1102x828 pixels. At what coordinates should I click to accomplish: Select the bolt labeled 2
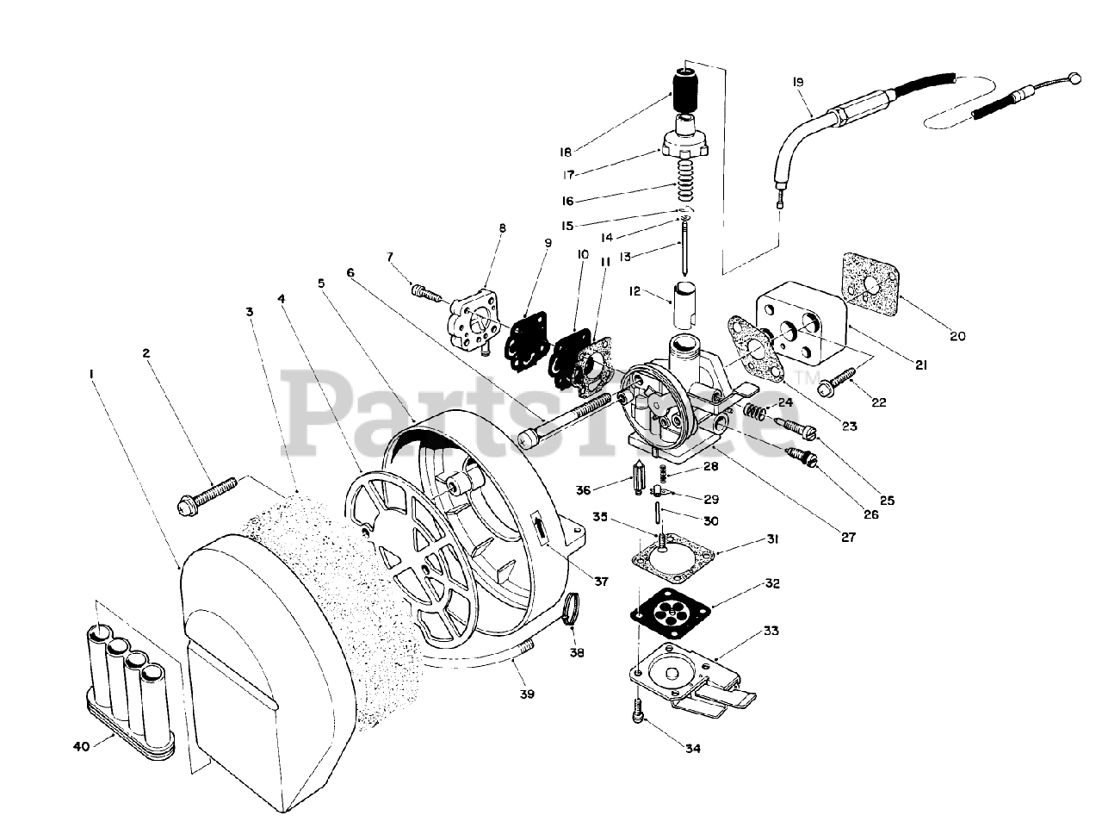coord(207,495)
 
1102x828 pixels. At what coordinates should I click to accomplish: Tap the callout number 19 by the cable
coord(797,82)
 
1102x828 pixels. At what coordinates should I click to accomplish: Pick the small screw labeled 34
coord(638,712)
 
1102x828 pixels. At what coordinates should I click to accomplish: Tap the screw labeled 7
coord(424,294)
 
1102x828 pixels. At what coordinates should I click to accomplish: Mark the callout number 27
coord(849,536)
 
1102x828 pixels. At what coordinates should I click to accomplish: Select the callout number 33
coord(771,631)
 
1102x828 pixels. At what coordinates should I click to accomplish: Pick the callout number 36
coord(584,490)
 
